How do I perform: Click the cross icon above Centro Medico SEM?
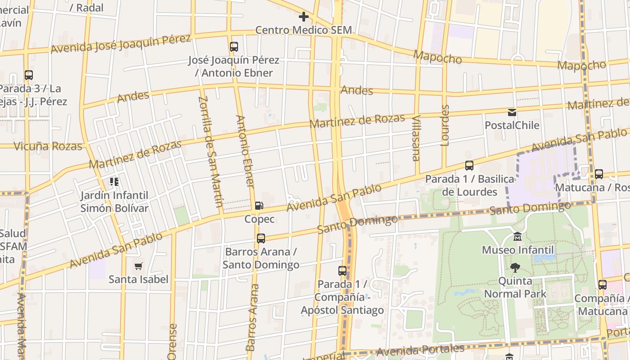click(304, 17)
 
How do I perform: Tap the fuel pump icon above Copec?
click(259, 206)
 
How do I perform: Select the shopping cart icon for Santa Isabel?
click(139, 266)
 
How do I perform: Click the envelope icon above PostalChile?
click(512, 112)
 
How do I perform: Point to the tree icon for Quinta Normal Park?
click(515, 268)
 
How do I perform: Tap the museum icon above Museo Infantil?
click(517, 237)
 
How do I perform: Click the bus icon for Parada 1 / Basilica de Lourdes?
click(469, 166)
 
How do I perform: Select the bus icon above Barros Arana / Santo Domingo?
click(261, 238)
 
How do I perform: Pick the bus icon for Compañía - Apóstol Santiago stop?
click(342, 271)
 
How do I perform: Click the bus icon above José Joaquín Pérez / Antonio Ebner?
click(234, 46)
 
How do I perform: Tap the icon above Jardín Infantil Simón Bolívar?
click(114, 182)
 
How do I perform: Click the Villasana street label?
click(416, 138)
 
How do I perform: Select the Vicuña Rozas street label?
click(48, 146)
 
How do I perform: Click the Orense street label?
click(172, 341)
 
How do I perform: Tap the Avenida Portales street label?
click(420, 350)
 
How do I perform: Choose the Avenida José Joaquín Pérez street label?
click(121, 44)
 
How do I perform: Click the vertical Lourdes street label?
click(445, 126)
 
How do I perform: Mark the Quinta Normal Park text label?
click(515, 288)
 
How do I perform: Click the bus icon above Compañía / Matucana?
click(603, 284)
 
